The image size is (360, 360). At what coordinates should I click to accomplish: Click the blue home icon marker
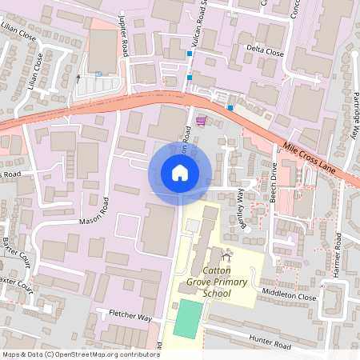pos(180,173)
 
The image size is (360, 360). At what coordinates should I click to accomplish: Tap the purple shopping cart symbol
pos(201,122)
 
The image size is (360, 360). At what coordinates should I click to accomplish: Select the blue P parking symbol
pos(98,74)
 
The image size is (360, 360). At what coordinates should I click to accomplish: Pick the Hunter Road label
pos(270,346)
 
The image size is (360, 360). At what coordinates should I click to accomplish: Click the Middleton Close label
pos(290,295)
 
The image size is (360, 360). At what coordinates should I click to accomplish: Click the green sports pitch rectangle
pos(187,318)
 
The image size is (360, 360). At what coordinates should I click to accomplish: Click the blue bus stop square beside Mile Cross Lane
pos(230,107)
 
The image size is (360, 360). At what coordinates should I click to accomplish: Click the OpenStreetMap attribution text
pos(80,354)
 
